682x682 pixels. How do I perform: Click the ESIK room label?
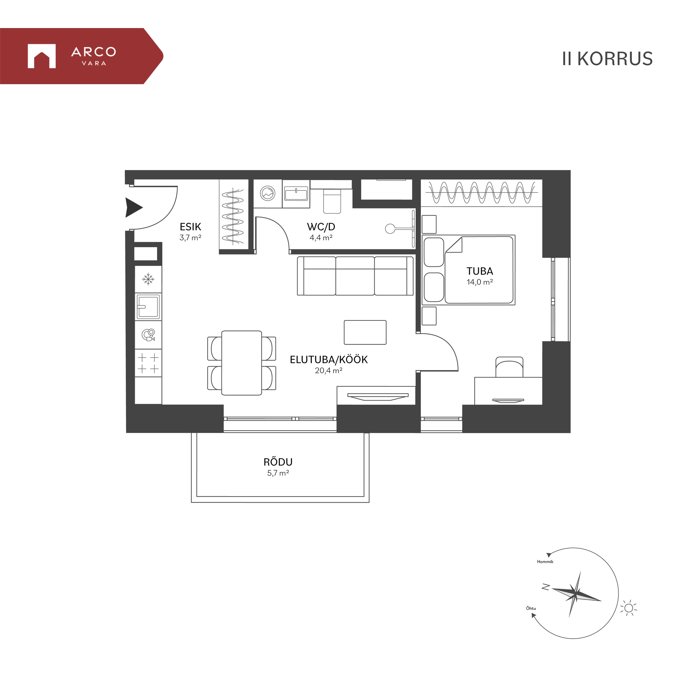point(190,227)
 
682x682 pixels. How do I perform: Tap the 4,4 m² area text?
point(321,238)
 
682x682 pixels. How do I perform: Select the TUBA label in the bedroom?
point(480,271)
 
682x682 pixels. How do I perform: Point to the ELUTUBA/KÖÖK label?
point(329,359)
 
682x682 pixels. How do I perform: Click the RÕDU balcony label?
point(278,462)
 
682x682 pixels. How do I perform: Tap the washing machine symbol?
point(267,194)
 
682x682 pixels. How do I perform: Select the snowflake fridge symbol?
point(148,279)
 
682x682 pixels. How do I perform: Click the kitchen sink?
point(148,307)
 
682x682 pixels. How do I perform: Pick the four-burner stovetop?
point(148,363)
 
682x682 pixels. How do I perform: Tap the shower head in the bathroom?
point(390,229)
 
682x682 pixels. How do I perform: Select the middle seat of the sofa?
point(354,276)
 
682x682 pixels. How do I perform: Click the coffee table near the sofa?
point(365,332)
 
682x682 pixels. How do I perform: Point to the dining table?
point(242,363)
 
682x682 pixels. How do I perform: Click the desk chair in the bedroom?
point(509,367)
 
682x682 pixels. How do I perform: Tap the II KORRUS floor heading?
point(607,59)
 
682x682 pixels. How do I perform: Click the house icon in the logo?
point(42,56)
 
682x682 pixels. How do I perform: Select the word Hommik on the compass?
point(545,562)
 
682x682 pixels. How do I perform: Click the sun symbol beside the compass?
point(628,608)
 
